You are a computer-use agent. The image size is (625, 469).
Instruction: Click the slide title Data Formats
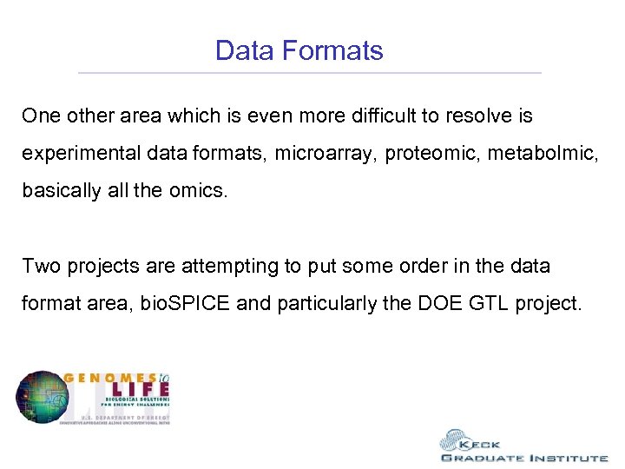tap(299, 50)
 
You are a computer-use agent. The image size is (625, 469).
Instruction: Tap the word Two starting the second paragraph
tap(38, 266)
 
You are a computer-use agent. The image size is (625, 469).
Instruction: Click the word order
tap(388, 266)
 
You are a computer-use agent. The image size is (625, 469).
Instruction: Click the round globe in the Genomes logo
tap(39, 398)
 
